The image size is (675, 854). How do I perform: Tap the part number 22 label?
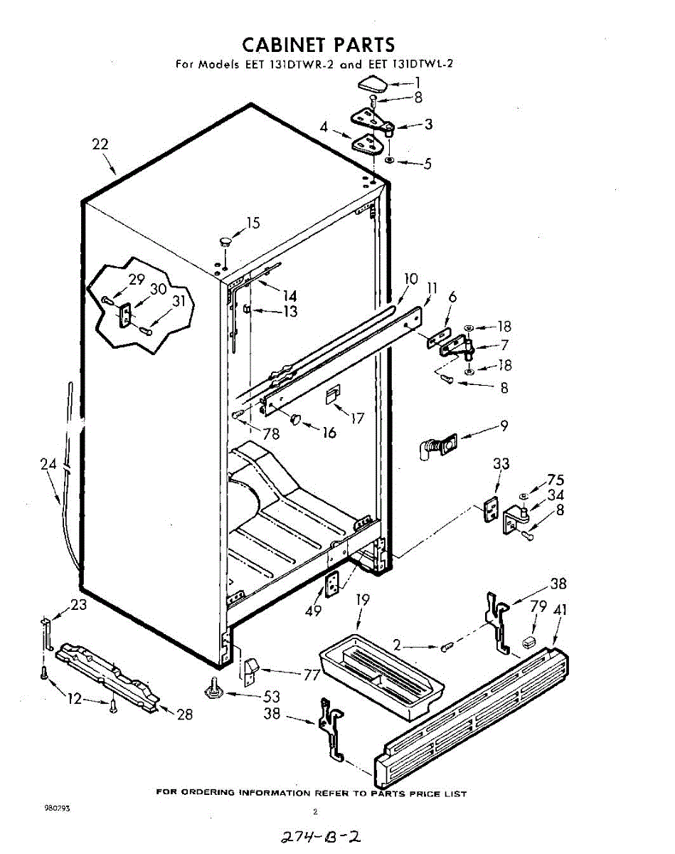pos(100,144)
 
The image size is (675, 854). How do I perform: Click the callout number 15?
pos(253,223)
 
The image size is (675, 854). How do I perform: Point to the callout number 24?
pos(48,465)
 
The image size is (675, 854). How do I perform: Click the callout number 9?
pos(504,426)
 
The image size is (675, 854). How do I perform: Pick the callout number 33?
pos(501,464)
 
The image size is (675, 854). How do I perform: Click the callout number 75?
pos(556,480)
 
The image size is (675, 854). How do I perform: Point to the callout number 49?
pos(313,610)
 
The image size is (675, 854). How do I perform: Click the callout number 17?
pos(357,418)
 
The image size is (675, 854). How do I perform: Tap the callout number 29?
pos(137,280)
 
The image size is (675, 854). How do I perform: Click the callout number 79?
pos(538,606)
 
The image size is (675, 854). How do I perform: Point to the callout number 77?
pos(311,675)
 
